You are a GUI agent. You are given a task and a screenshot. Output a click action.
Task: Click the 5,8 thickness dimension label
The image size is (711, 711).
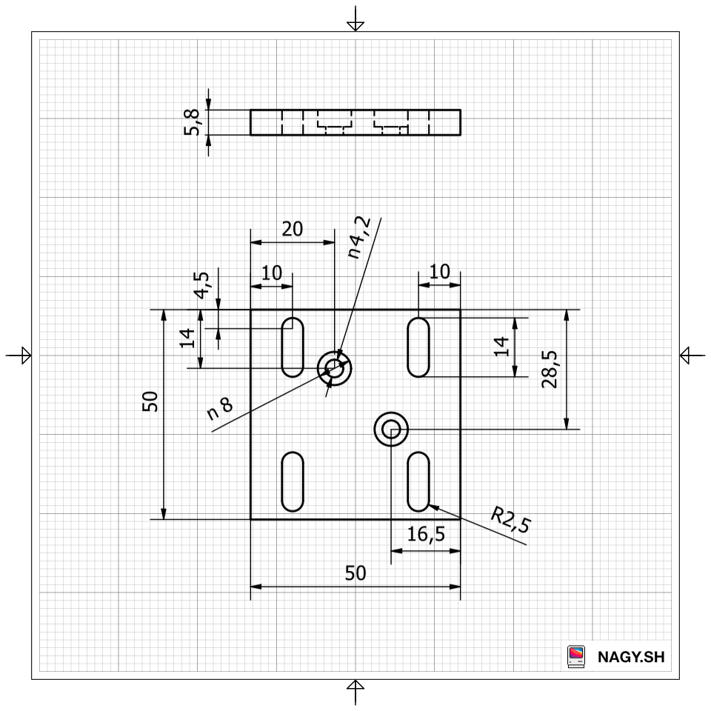(193, 122)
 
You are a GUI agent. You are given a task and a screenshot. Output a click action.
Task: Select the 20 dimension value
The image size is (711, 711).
(292, 229)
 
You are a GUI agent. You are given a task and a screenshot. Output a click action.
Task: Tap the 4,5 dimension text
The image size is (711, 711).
(201, 285)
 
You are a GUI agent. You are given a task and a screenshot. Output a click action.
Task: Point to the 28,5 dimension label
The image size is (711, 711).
(550, 369)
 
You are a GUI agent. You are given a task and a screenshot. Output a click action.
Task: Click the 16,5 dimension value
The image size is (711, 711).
(426, 534)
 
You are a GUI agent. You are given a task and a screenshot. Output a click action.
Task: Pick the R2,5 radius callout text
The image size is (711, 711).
(510, 520)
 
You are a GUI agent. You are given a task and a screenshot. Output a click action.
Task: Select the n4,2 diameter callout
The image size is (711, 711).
(359, 238)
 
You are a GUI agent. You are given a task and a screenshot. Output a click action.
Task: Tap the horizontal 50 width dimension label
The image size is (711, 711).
(355, 573)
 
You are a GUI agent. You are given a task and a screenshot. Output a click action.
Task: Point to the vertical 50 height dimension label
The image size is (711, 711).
(150, 401)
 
